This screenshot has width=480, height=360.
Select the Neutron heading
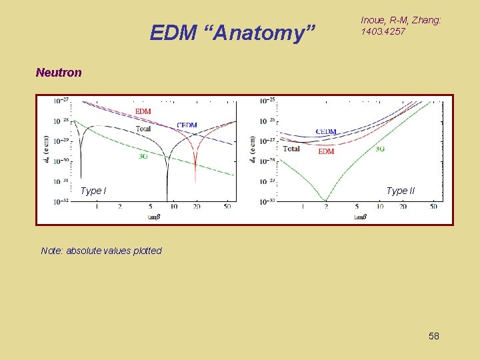[59, 72]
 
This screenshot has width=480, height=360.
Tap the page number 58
[433, 336]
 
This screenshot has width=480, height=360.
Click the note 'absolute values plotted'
[101, 251]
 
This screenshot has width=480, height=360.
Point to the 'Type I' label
[93, 191]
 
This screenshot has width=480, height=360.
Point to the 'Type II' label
[400, 191]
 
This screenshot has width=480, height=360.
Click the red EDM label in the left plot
[143, 111]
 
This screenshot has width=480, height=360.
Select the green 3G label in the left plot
[142, 156]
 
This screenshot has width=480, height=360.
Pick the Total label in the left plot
[143, 128]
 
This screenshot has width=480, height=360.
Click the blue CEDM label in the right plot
[326, 132]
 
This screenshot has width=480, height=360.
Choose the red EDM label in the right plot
[326, 151]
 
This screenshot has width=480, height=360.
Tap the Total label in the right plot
[291, 149]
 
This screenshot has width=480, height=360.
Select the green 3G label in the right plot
[379, 149]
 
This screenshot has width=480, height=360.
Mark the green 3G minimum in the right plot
[326, 199]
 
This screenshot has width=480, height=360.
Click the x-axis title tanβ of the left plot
[155, 217]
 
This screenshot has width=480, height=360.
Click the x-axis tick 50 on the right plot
[433, 207]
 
